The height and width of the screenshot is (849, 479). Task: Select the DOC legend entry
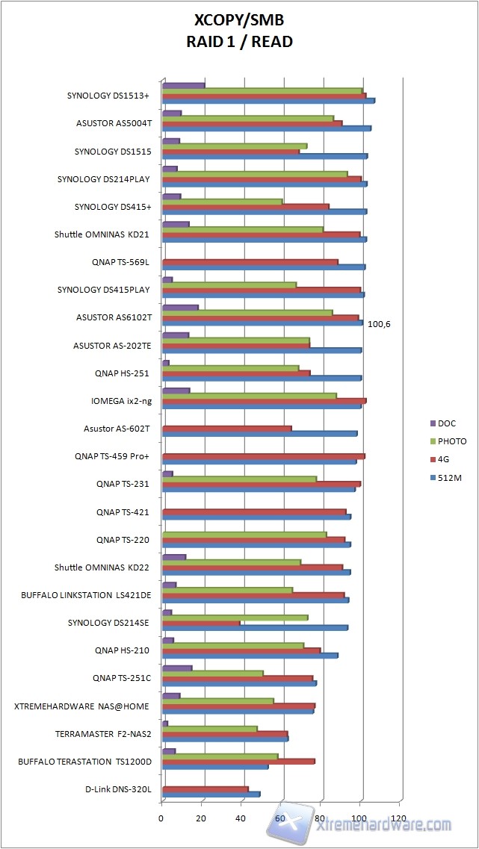pos(447,423)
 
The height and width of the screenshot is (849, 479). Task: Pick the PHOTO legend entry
pos(451,441)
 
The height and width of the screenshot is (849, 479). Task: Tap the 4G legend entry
pos(444,459)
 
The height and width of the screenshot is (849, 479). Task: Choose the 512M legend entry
pos(448,477)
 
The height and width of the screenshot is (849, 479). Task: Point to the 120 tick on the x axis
pos(400,819)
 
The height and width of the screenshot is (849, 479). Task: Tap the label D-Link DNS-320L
pos(118,789)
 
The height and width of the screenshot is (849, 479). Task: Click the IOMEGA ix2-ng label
pos(121,401)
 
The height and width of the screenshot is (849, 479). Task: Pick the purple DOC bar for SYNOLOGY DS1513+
pos(183,85)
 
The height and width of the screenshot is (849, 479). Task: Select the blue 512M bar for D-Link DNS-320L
pos(211,794)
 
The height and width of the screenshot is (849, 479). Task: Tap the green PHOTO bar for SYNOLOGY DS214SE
pos(235,618)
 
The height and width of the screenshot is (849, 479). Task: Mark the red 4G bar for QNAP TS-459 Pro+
pos(263,455)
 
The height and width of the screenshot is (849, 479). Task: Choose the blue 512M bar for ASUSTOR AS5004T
pos(266,128)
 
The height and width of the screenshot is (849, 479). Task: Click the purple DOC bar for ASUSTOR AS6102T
pos(180,307)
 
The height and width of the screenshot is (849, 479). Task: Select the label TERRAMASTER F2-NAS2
pos(103,734)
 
